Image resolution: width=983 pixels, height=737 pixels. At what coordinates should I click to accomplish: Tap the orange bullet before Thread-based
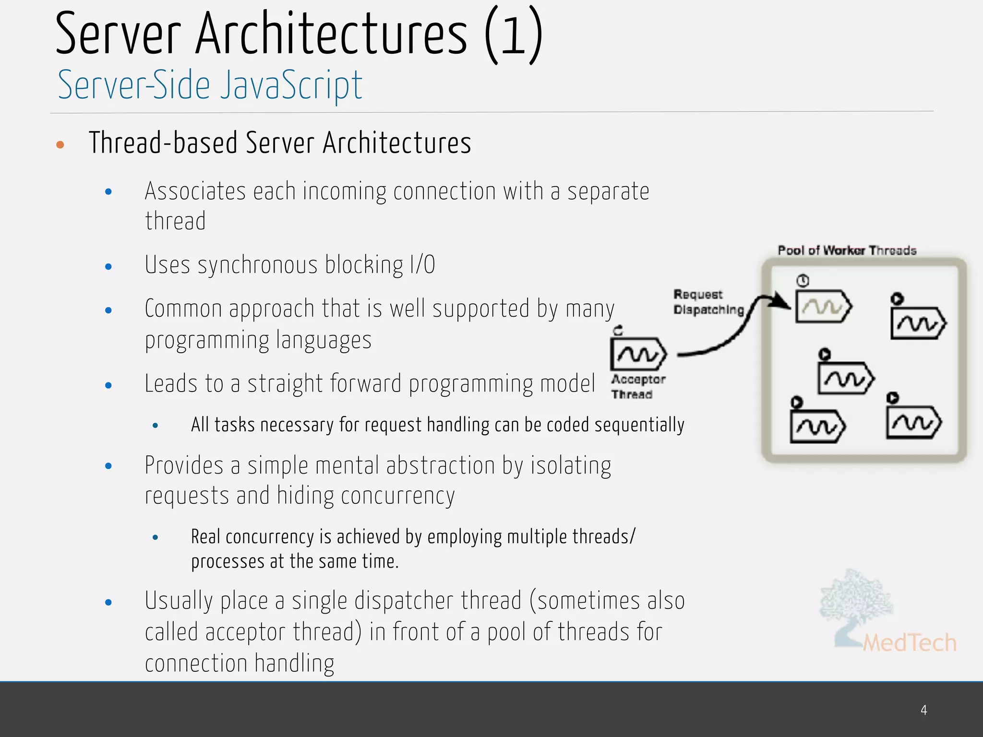(x=60, y=144)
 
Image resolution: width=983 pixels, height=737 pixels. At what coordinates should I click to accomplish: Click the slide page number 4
(x=923, y=710)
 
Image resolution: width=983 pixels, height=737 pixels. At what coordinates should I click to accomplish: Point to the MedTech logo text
(x=909, y=643)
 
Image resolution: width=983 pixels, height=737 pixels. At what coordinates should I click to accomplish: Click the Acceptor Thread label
(x=637, y=387)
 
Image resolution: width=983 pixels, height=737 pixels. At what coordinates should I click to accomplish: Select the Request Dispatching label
(x=707, y=302)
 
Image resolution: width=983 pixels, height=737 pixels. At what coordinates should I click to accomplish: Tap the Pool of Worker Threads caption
(x=847, y=250)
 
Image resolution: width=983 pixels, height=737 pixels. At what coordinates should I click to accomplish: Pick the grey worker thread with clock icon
(x=823, y=306)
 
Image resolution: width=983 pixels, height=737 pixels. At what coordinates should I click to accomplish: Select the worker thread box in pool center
(x=846, y=378)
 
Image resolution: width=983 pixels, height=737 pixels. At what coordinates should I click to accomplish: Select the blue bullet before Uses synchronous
(x=108, y=267)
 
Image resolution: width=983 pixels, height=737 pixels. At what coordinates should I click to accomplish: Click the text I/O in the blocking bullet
(x=422, y=265)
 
